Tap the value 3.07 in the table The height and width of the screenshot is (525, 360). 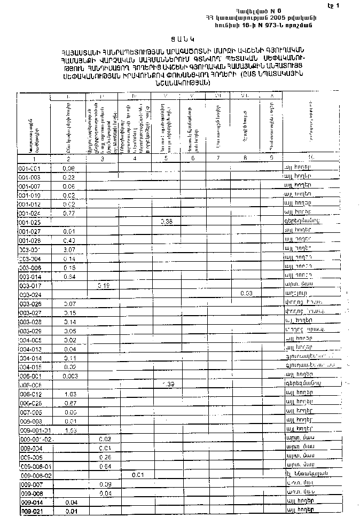click(x=70, y=249)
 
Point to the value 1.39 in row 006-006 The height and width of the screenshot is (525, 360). click(x=167, y=384)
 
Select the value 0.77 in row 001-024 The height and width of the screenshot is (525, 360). click(x=68, y=213)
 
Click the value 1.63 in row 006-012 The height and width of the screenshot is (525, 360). click(x=69, y=394)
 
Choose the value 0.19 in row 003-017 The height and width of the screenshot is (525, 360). click(x=103, y=285)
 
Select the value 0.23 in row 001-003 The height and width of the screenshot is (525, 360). click(x=68, y=177)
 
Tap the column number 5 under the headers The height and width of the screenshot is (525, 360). click(x=166, y=158)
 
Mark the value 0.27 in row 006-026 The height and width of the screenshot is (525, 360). click(x=69, y=403)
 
